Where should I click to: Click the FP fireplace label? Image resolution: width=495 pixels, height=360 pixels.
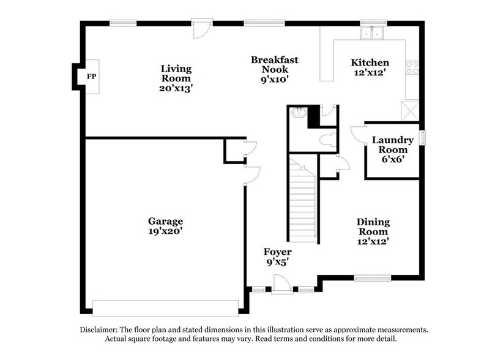tap(91, 77)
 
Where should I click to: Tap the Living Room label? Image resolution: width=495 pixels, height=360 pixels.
tap(176, 78)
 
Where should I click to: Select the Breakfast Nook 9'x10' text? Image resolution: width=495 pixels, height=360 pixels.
tap(274, 69)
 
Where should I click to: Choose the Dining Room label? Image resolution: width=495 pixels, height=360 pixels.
tap(373, 231)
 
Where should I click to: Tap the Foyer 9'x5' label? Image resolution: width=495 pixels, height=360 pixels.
tap(277, 257)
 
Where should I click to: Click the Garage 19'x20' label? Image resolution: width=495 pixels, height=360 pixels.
tap(165, 227)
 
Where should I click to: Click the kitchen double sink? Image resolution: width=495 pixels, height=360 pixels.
tap(372, 34)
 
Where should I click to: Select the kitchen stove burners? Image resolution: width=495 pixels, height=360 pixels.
tap(412, 67)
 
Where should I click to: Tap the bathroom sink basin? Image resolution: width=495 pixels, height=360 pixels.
tap(299, 113)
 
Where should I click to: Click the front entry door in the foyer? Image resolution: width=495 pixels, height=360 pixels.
tap(281, 284)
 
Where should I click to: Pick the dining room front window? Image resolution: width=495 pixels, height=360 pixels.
tap(372, 279)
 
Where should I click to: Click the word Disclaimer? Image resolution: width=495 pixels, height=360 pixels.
tap(100, 329)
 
